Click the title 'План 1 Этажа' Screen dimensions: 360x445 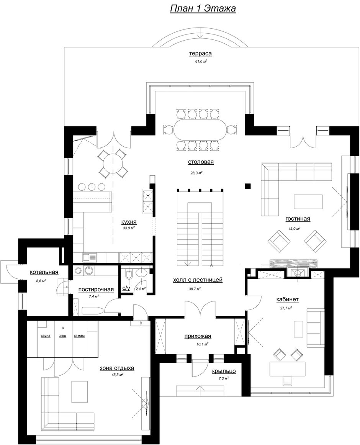(203, 8)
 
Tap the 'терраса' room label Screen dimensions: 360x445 (200, 53)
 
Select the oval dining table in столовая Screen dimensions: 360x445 (200, 129)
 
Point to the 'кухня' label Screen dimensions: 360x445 (129, 222)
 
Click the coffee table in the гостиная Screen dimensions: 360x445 (308, 201)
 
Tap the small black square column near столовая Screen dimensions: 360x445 (248, 186)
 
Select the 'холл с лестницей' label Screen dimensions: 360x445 (198, 280)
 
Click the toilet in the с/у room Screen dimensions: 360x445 (128, 275)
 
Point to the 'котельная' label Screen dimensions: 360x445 (44, 272)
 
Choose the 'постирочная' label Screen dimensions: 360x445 (96, 290)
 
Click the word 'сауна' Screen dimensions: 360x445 (46, 336)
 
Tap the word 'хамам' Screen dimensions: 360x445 (79, 336)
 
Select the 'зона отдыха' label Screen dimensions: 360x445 (117, 368)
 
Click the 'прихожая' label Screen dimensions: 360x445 (198, 336)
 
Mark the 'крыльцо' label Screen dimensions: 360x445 (224, 371)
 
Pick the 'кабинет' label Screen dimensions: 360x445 (287, 299)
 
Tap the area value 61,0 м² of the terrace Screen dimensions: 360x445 (201, 61)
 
